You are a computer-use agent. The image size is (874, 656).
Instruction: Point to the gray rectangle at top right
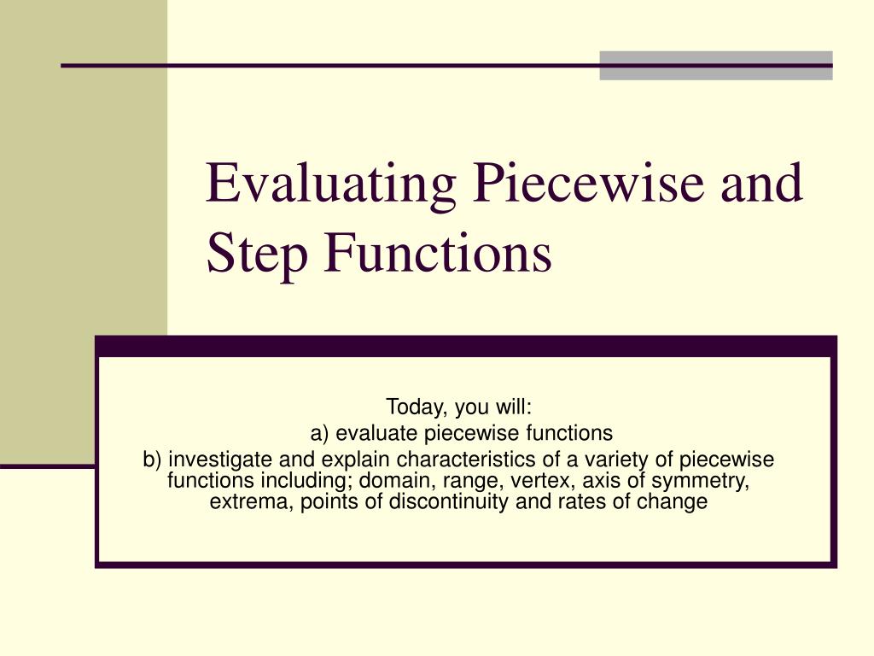coord(715,65)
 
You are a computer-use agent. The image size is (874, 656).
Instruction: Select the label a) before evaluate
coord(320,433)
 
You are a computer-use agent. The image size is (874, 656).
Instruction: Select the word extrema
coord(249,502)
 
